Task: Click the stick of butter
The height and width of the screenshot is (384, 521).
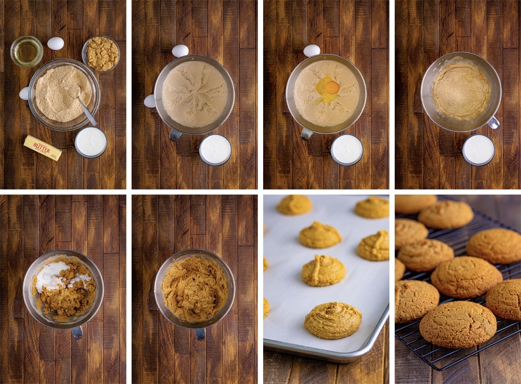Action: [43, 148]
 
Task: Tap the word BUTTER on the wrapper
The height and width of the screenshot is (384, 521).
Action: [42, 148]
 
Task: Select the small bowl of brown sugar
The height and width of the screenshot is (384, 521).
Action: [102, 53]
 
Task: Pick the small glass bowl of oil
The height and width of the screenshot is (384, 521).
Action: [27, 51]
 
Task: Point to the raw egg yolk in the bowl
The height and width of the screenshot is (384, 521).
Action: [332, 88]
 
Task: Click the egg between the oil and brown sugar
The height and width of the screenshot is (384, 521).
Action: [56, 43]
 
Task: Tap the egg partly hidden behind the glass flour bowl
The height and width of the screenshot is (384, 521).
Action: [24, 93]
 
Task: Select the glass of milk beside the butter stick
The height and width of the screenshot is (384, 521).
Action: [91, 142]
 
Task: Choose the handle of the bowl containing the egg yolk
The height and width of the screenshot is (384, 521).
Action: [307, 134]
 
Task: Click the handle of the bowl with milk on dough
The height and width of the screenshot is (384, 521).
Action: [77, 332]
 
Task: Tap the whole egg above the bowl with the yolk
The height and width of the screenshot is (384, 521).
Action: [311, 51]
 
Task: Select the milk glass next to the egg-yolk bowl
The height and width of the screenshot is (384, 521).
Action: [347, 150]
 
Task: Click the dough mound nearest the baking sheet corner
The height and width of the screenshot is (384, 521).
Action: [333, 320]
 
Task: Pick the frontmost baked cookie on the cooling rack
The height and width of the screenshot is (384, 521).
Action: [458, 324]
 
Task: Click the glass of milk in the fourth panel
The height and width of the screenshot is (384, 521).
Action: [478, 150]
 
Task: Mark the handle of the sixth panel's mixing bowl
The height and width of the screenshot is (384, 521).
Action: [200, 333]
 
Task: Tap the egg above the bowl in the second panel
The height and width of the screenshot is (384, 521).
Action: [180, 51]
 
